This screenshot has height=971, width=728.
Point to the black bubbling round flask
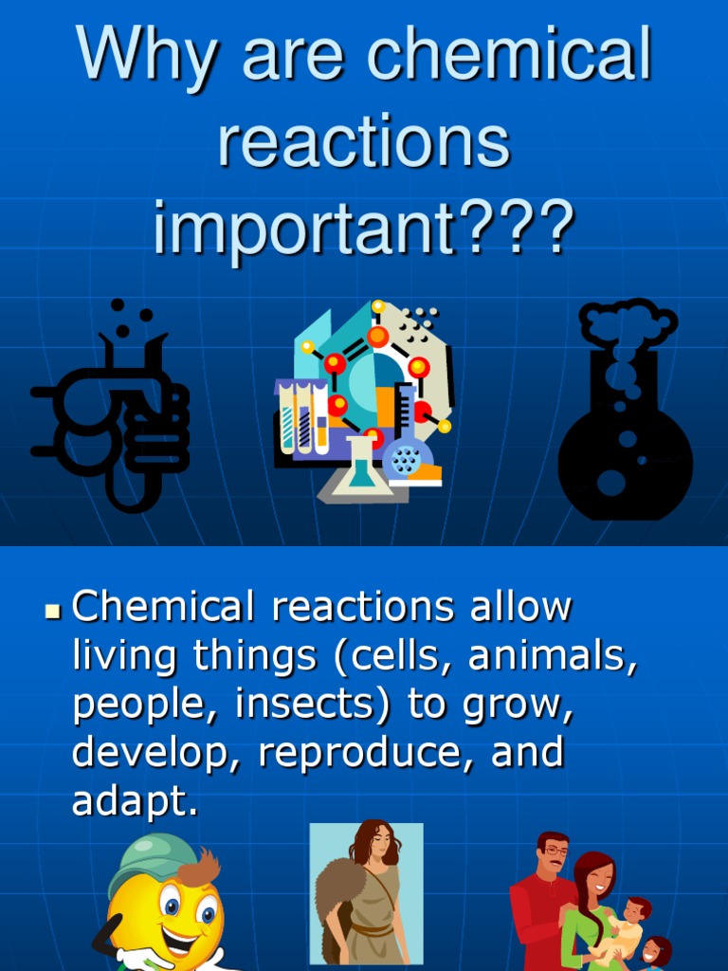pyautogui.click(x=626, y=446)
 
